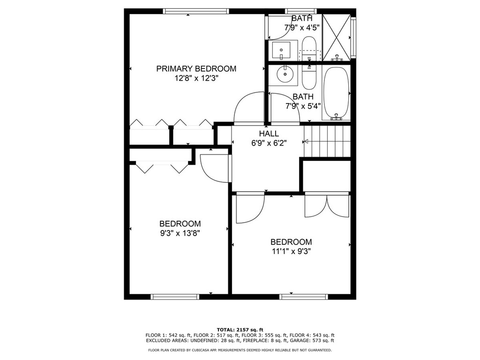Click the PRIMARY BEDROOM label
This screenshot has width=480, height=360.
pyautogui.click(x=196, y=68)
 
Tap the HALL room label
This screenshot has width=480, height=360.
pyautogui.click(x=269, y=134)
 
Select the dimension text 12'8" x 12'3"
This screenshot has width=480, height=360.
pyautogui.click(x=196, y=78)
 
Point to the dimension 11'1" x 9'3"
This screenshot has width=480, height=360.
pyautogui.click(x=292, y=252)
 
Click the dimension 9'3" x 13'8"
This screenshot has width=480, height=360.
pyautogui.click(x=180, y=233)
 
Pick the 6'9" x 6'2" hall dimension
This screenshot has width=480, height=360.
pyautogui.click(x=269, y=143)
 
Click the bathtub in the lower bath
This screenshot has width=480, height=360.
pyautogui.click(x=336, y=93)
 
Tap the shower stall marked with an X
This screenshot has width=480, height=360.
pyautogui.click(x=337, y=37)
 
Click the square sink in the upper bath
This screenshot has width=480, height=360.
pyautogui.click(x=281, y=51)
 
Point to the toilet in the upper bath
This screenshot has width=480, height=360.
pyautogui.click(x=309, y=48)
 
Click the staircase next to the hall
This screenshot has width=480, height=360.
pyautogui.click(x=327, y=141)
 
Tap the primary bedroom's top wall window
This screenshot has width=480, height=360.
pyautogui.click(x=196, y=11)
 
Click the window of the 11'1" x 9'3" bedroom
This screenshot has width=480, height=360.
pyautogui.click(x=304, y=297)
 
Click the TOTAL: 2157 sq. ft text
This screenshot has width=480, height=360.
pyautogui.click(x=240, y=330)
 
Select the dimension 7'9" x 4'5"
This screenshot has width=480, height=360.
pyautogui.click(x=302, y=28)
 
